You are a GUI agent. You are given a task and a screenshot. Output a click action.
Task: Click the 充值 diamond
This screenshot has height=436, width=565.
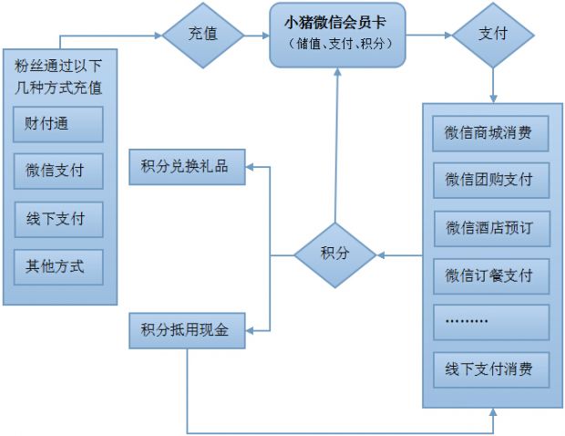202,36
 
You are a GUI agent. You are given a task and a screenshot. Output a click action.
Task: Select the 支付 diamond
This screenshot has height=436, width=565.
493,36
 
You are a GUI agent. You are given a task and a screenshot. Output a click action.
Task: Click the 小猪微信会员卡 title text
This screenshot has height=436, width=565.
337,25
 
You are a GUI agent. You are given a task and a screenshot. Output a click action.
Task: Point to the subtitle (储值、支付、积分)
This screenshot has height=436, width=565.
337,45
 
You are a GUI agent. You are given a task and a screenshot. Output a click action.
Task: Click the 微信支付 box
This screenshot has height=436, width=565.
58,171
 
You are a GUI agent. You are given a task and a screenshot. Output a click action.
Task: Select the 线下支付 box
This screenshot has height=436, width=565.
58,220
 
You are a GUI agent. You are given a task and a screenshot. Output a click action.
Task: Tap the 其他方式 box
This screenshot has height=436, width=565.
58,267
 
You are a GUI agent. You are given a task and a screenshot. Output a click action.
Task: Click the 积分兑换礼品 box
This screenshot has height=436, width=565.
188,167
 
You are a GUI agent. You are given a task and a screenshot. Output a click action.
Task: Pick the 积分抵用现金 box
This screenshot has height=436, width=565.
188,329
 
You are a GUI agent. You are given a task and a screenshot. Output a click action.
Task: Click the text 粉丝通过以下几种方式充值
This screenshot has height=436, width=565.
58,76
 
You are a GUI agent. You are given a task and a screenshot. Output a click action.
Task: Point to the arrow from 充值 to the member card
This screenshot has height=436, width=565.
257,36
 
